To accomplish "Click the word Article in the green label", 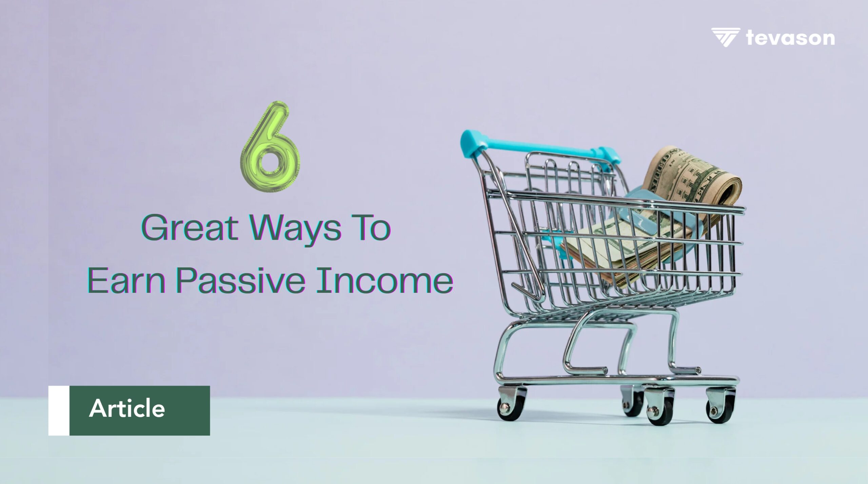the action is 127,408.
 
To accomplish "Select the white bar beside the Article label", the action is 59,410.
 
